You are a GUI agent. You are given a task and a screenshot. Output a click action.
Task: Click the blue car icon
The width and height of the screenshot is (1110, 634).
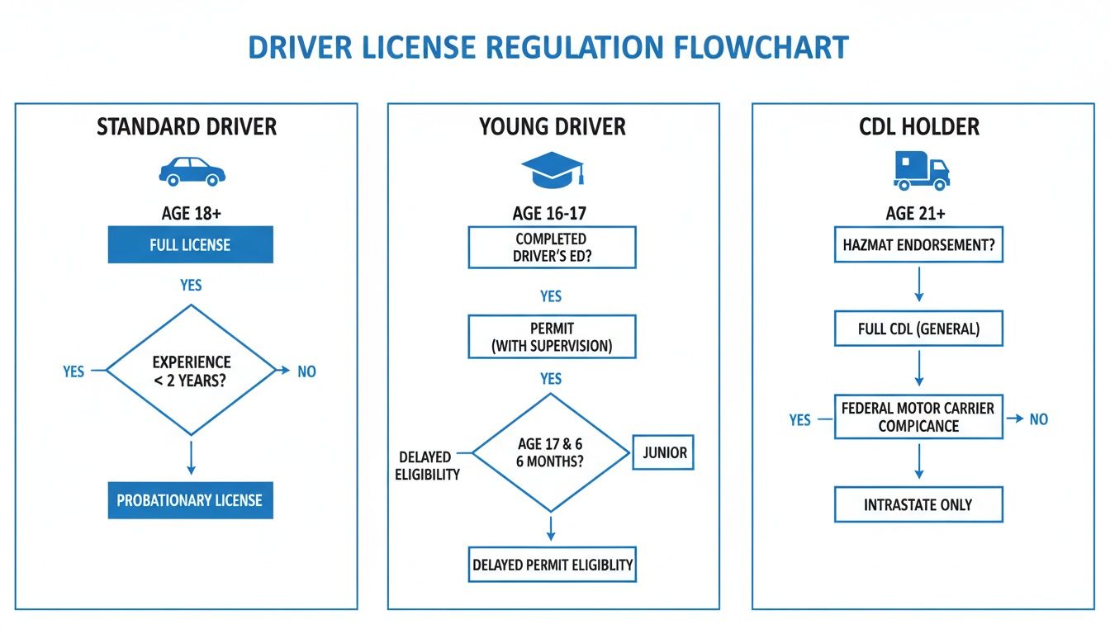pyautogui.click(x=191, y=172)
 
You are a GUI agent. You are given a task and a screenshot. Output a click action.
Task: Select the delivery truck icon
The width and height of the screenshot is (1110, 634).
pyautogui.click(x=921, y=170)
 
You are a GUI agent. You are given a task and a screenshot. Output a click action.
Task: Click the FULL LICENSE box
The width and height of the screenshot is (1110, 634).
pyautogui.click(x=190, y=245)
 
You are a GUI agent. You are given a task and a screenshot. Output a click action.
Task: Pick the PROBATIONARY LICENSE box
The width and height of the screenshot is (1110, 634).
pyautogui.click(x=190, y=500)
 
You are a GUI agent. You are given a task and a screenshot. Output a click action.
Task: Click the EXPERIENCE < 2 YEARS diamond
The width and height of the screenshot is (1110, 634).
pyautogui.click(x=191, y=371)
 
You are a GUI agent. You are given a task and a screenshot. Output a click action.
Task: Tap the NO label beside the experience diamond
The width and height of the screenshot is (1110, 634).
pyautogui.click(x=306, y=371)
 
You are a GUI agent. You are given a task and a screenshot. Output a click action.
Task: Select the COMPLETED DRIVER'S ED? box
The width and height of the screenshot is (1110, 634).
pyautogui.click(x=552, y=247)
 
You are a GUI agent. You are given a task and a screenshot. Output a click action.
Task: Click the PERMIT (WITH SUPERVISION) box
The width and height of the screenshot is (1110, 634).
pyautogui.click(x=552, y=337)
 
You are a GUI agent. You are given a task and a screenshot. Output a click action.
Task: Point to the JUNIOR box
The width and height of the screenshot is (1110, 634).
pyautogui.click(x=663, y=452)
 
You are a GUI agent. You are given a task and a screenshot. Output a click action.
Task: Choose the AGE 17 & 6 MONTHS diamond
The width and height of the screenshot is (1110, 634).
pyautogui.click(x=550, y=452)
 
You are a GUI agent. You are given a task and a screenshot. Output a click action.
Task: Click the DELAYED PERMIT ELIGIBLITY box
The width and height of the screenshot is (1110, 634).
pyautogui.click(x=552, y=565)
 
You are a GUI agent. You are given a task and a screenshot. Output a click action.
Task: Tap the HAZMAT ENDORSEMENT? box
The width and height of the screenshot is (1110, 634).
pyautogui.click(x=918, y=245)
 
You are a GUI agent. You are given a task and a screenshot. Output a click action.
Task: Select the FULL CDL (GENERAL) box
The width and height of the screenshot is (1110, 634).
pyautogui.click(x=918, y=329)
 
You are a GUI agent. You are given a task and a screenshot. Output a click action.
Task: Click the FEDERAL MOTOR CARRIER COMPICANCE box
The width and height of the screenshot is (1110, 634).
pyautogui.click(x=918, y=418)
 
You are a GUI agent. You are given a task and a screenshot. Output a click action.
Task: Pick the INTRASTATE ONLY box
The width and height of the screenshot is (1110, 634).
pyautogui.click(x=918, y=504)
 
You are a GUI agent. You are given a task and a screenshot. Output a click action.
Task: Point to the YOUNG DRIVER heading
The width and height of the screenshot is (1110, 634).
pyautogui.click(x=553, y=126)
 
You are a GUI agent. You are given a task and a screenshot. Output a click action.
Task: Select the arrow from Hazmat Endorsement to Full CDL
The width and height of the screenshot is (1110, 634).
pyautogui.click(x=918, y=286)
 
